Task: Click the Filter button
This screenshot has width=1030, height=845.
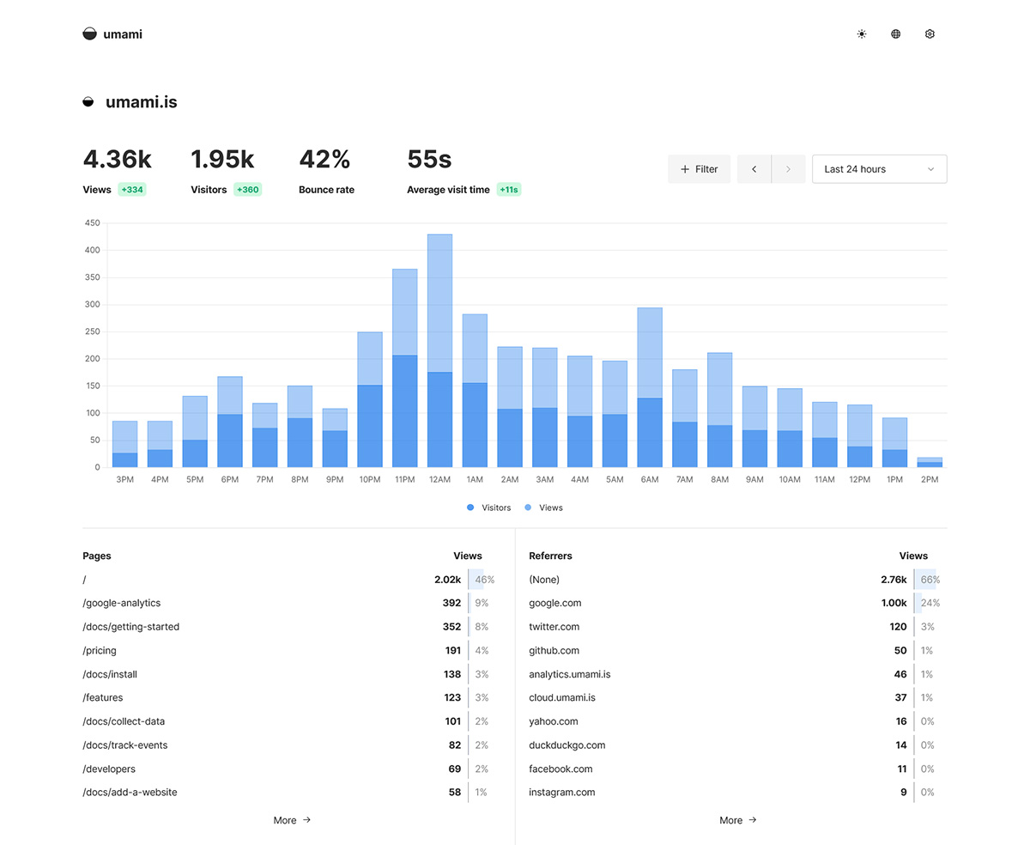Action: click(x=699, y=169)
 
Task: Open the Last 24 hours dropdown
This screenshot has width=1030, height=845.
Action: click(x=879, y=169)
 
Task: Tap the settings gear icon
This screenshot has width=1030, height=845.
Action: click(x=930, y=34)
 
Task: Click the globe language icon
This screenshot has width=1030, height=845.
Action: click(x=895, y=34)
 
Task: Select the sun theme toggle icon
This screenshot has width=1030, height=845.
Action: click(x=862, y=34)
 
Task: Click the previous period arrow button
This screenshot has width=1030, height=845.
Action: click(x=754, y=169)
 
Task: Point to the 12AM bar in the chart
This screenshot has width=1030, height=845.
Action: click(x=439, y=352)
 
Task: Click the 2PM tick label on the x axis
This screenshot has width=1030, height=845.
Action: click(x=930, y=480)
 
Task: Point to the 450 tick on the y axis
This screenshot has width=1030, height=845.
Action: click(x=93, y=223)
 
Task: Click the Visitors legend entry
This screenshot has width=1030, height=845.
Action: click(x=489, y=508)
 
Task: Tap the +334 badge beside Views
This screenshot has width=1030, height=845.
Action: click(x=132, y=190)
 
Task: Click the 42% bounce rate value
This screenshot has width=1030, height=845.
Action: click(x=324, y=160)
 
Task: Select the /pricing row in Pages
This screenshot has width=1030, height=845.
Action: click(x=100, y=650)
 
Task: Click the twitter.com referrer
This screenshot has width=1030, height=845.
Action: click(x=554, y=627)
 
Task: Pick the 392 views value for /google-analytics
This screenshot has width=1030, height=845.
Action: click(x=451, y=603)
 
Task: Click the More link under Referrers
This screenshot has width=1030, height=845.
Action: click(x=737, y=820)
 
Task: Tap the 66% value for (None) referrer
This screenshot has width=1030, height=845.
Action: click(x=930, y=580)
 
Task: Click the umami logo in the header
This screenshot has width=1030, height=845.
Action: click(x=112, y=34)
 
